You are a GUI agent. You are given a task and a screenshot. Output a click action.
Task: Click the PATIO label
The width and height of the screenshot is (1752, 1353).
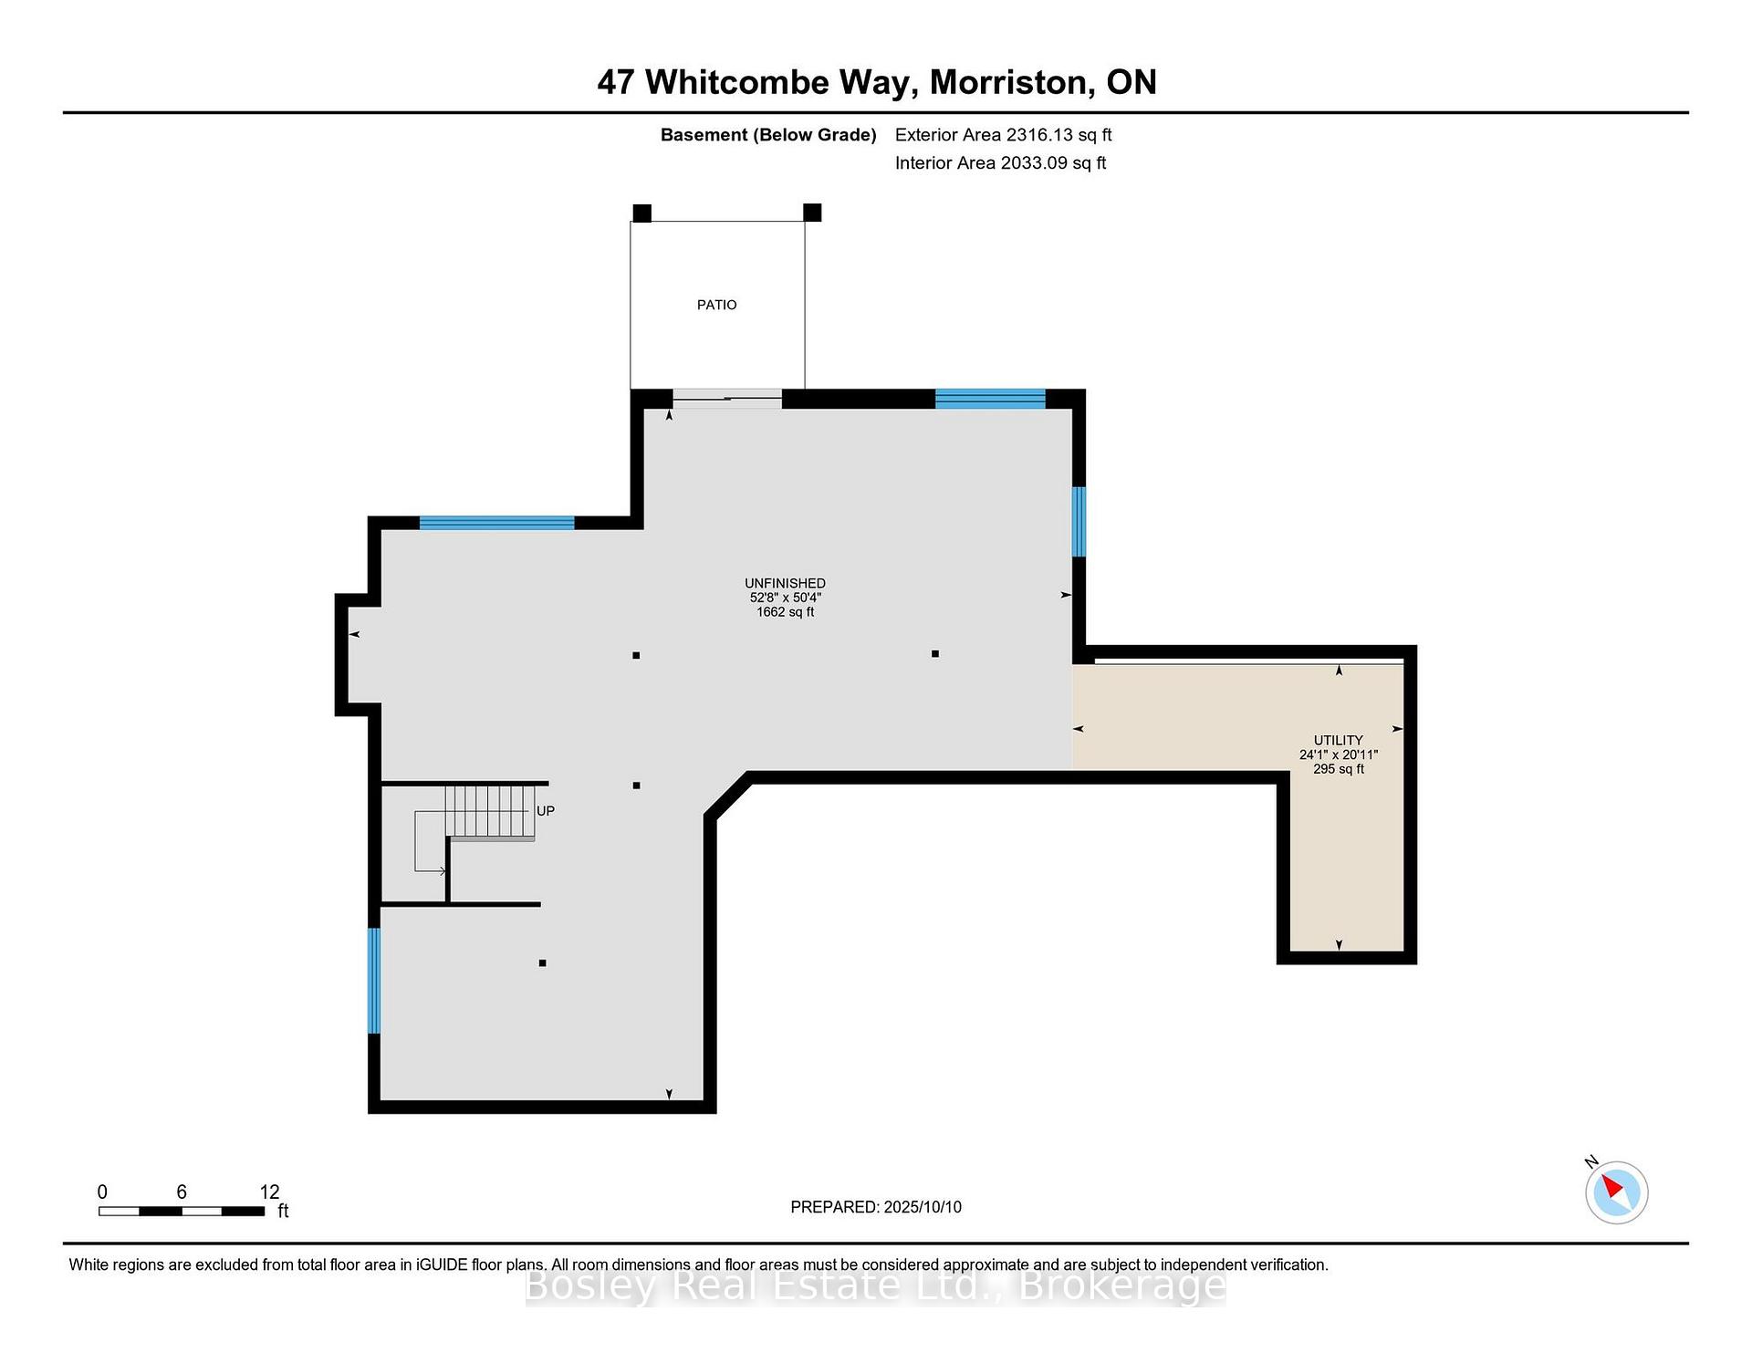(716, 305)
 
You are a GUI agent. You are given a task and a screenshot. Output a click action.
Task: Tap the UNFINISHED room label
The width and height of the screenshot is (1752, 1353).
(785, 583)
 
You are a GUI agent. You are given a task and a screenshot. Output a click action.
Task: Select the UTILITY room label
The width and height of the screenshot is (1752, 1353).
(1338, 740)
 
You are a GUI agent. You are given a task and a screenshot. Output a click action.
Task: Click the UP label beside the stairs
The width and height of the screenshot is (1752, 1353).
(546, 810)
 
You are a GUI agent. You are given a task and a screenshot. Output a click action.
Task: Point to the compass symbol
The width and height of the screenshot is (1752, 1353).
(1616, 1192)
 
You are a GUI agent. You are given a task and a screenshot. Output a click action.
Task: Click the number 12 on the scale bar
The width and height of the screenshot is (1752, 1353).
(269, 1192)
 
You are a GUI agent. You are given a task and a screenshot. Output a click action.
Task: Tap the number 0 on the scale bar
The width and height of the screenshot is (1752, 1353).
(102, 1192)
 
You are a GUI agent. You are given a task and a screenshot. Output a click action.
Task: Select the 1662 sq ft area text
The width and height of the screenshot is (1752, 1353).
(785, 612)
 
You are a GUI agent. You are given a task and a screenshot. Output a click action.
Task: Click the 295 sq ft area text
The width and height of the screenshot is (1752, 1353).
(1339, 769)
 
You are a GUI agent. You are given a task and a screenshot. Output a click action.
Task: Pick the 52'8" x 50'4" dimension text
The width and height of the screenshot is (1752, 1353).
(785, 598)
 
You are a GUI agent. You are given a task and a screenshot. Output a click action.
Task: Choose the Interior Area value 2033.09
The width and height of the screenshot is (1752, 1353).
(1034, 163)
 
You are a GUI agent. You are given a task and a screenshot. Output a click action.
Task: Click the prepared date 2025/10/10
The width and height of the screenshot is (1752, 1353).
(923, 1207)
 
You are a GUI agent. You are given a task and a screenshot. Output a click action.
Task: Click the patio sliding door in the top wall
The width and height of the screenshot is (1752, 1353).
(727, 399)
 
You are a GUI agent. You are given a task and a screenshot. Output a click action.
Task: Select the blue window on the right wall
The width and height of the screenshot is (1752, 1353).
(1079, 521)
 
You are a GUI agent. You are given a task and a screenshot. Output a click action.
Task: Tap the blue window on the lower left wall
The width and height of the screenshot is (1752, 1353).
(373, 981)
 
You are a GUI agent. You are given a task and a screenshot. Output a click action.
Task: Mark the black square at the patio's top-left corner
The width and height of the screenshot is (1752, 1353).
(641, 213)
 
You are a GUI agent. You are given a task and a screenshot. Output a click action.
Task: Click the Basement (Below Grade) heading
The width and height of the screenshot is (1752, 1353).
(768, 135)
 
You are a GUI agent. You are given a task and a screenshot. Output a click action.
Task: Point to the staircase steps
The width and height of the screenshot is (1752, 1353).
(489, 812)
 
